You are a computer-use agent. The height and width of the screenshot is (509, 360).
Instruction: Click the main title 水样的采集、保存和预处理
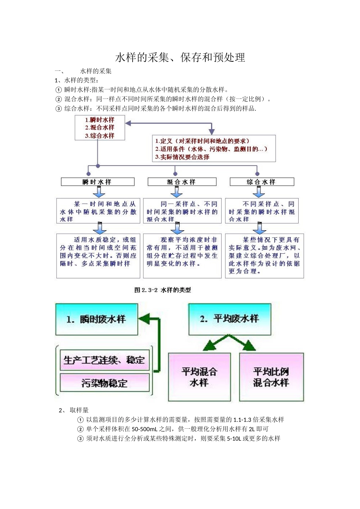coord(180,58)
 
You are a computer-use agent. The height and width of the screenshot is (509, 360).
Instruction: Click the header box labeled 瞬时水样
coord(97,182)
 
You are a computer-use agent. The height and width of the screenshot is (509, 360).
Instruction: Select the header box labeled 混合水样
coord(182,182)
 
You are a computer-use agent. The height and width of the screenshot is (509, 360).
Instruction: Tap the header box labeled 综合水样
coord(261,182)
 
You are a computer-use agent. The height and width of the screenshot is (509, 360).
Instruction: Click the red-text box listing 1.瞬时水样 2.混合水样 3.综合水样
coord(100,128)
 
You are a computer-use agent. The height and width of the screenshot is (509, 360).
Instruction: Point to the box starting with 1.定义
coord(214,149)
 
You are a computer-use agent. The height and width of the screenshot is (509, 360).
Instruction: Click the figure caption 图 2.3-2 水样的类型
coord(163,290)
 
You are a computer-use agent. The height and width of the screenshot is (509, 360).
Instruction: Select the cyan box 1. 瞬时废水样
coord(97,319)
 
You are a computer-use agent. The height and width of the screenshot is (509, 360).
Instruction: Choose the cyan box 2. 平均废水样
coord(230,319)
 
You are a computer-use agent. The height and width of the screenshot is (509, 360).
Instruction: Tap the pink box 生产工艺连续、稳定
coord(104,360)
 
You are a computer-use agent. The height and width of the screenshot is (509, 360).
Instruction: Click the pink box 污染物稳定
coord(104,383)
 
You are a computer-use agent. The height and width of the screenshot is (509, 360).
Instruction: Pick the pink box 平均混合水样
coord(199,377)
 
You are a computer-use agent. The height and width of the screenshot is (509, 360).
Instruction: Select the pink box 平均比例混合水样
coord(271,377)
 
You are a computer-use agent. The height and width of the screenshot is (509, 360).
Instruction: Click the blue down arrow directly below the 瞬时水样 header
coord(99,192)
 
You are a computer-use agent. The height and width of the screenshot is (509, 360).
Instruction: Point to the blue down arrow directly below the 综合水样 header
coord(259,192)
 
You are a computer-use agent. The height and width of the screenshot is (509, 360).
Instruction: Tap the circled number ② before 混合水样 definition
coord(58,99)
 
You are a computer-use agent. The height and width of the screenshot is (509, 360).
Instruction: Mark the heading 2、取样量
coord(74,410)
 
